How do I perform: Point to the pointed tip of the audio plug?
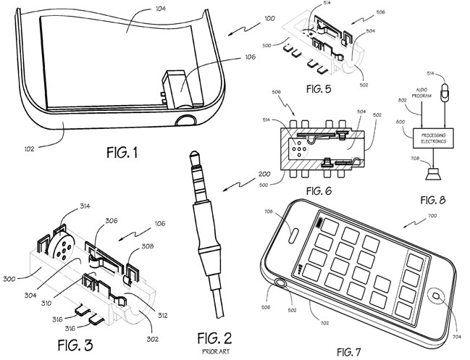pyautogui.click(x=193, y=152)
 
